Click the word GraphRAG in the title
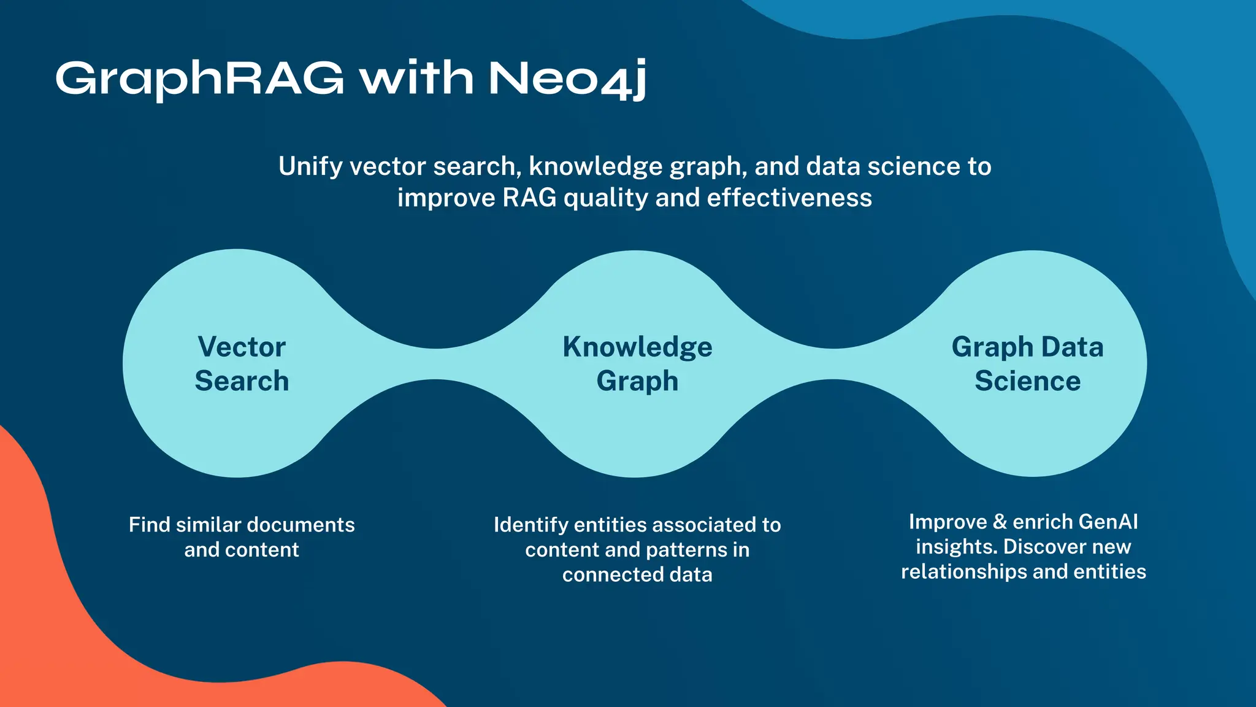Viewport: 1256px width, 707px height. tap(199, 79)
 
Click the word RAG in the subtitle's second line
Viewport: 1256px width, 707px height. tap(529, 198)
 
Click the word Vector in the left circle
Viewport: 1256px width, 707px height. tap(242, 347)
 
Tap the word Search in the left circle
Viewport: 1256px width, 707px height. tap(242, 381)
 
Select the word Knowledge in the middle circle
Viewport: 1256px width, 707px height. tap(637, 347)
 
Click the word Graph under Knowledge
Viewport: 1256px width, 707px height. tap(637, 382)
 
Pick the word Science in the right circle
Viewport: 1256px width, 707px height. tap(1027, 381)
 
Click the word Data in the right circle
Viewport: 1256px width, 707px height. tap(1072, 347)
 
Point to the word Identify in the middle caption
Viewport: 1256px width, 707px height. tap(530, 525)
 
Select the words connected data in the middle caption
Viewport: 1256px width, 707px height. tap(637, 575)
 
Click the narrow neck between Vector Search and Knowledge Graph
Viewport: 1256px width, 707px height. tap(435, 364)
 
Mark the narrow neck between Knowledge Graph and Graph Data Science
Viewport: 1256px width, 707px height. tap(833, 364)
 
